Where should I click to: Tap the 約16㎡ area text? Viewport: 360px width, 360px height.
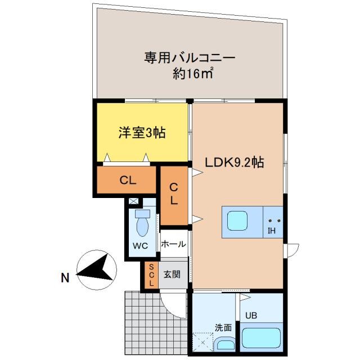point(193,74)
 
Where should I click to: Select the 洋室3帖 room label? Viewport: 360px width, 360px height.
point(141,133)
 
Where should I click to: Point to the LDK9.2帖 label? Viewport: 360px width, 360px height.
point(235,163)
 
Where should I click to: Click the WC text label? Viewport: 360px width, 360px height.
point(140,246)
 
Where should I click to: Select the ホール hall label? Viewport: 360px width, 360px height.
point(173,244)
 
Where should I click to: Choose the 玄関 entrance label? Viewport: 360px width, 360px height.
point(172,275)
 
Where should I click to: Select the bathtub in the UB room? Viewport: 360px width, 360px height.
point(262,337)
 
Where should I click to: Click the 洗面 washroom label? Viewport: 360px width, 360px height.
point(223,327)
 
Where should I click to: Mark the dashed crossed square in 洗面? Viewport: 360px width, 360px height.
point(202,341)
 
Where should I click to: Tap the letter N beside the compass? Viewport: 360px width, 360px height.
point(65,277)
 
